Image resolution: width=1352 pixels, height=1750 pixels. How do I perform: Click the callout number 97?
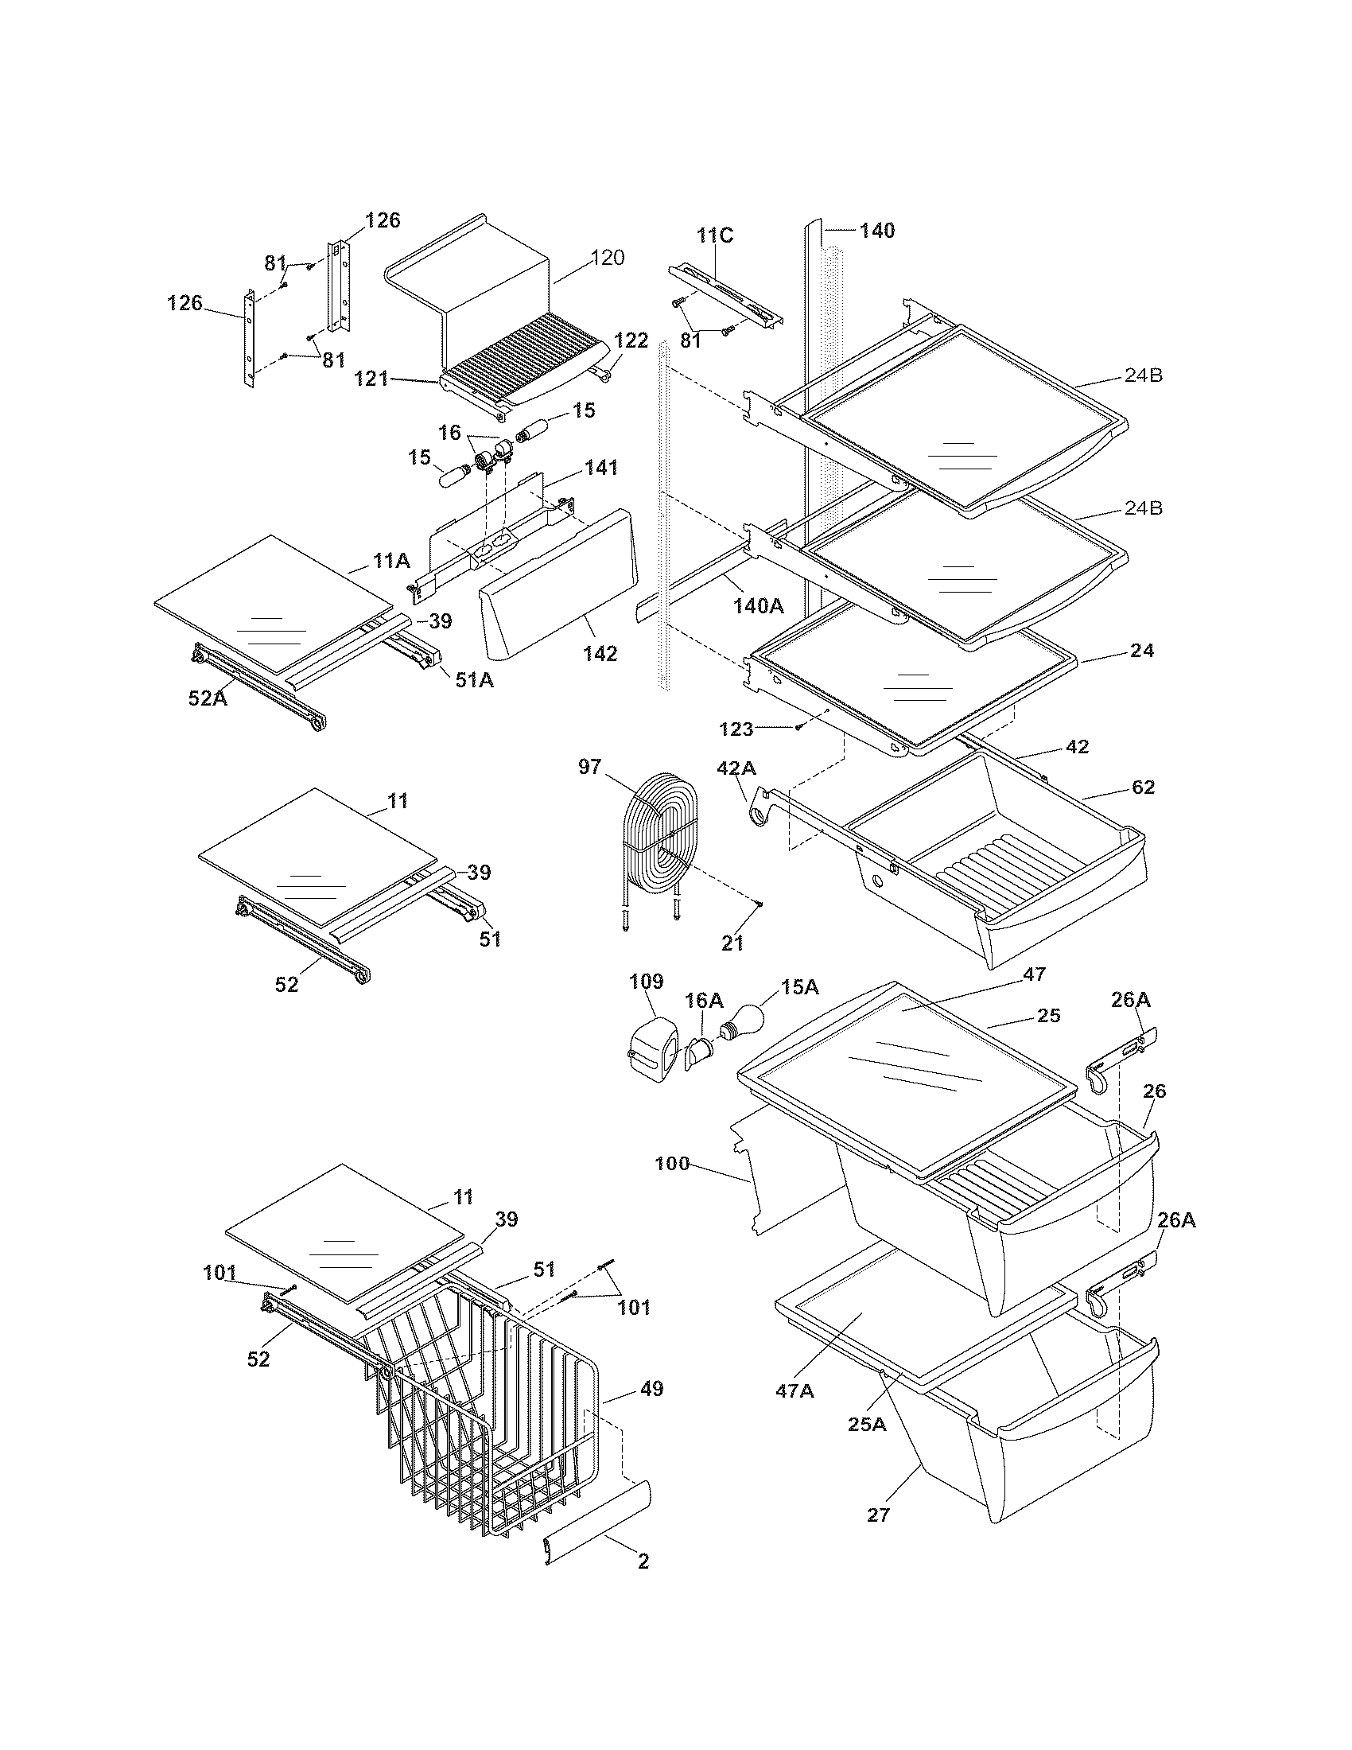pos(589,767)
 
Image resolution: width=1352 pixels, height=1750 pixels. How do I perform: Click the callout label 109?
pos(647,982)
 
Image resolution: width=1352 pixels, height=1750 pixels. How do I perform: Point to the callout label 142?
pos(600,654)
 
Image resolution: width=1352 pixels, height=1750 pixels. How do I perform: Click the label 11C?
pos(714,235)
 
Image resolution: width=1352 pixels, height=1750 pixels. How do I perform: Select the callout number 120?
pos(608,258)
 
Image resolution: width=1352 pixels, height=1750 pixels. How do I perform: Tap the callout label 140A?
pos(758,606)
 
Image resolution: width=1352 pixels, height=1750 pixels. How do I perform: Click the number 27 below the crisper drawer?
pos(879,1515)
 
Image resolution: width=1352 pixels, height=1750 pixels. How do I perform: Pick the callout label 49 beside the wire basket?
pos(652,1389)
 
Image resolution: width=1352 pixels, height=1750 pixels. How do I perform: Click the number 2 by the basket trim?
pos(643,1561)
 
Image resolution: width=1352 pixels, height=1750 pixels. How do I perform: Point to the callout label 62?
pos(1144,787)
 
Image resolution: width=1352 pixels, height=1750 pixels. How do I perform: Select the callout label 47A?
pos(794,1391)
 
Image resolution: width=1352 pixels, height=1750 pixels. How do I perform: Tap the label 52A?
pos(208,698)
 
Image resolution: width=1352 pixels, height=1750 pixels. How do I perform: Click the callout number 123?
pos(737,729)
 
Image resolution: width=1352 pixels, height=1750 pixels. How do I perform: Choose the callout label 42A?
pos(736,768)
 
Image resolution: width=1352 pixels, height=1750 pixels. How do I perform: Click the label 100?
pos(671,1163)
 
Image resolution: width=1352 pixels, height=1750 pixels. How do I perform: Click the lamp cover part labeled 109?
pos(650,1045)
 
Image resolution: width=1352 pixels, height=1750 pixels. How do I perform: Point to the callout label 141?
pos(601,467)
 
